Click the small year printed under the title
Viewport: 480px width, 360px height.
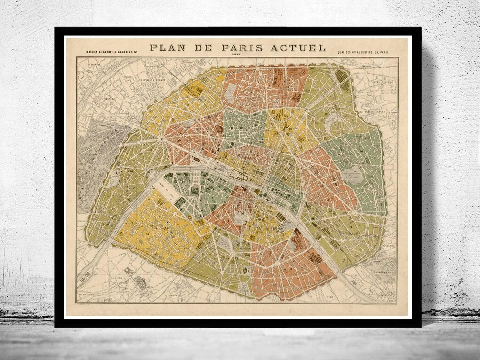(x=238, y=55)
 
